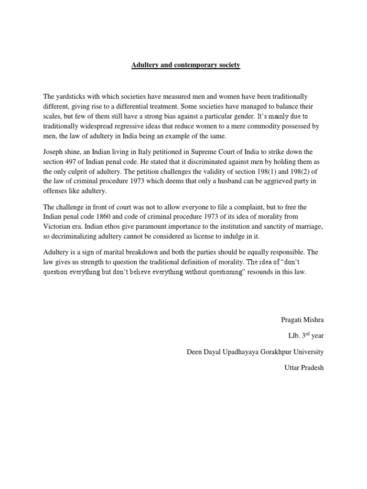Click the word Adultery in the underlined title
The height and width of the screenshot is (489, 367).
tap(145, 64)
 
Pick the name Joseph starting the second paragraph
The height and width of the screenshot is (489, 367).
tap(54, 151)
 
